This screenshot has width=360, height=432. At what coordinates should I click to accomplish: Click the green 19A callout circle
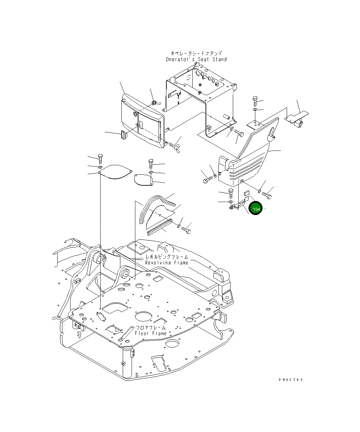[256, 209]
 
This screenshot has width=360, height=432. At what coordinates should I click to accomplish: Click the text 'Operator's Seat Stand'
[196, 59]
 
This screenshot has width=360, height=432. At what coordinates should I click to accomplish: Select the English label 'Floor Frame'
[151, 333]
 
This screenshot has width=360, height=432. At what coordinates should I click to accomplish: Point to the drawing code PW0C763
[290, 380]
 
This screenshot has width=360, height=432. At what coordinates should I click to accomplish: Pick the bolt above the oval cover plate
[100, 158]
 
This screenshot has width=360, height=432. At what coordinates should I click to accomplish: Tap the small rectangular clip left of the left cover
[123, 135]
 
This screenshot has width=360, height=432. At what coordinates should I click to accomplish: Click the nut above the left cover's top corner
[154, 103]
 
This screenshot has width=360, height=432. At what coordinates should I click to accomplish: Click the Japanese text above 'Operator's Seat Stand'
[196, 53]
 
